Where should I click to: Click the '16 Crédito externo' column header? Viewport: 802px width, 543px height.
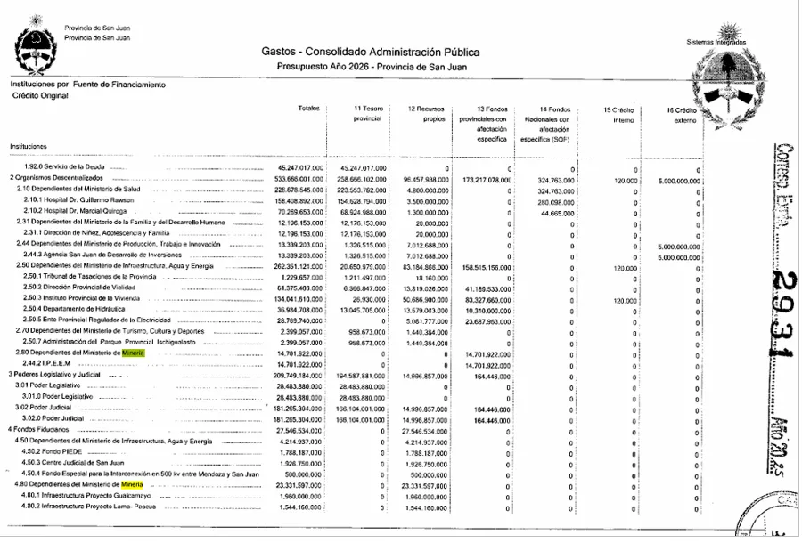(683, 113)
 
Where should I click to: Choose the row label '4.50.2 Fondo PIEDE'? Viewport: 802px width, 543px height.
(59, 451)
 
